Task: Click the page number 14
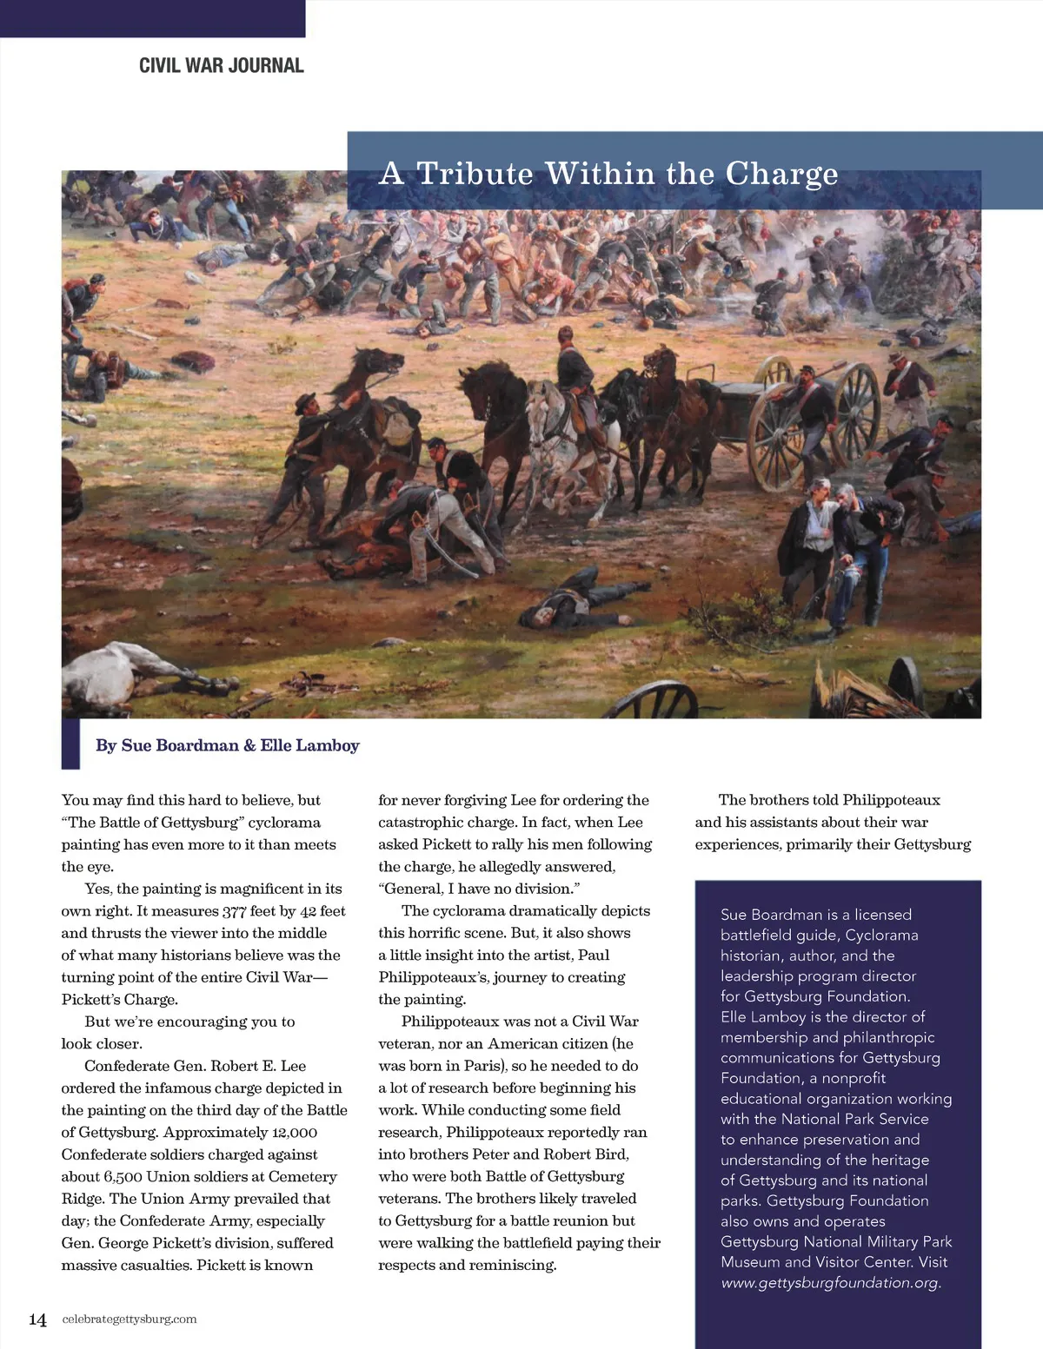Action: pyautogui.click(x=37, y=1319)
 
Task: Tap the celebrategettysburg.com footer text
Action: pyautogui.click(x=130, y=1319)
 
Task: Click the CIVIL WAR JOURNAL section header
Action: pyautogui.click(x=222, y=65)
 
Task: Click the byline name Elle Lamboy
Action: pyautogui.click(x=309, y=745)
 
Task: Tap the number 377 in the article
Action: pyautogui.click(x=234, y=911)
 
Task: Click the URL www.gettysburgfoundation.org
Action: pyautogui.click(x=831, y=1282)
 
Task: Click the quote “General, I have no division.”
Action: pyautogui.click(x=479, y=889)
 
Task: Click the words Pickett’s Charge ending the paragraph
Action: pyautogui.click(x=119, y=1000)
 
